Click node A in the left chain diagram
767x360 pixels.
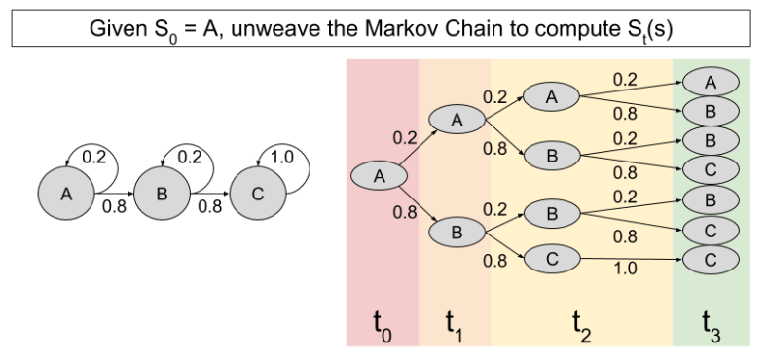[x=66, y=194]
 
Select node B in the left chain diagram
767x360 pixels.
[x=162, y=194]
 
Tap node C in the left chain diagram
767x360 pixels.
[x=257, y=194]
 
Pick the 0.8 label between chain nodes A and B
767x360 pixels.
[x=114, y=206]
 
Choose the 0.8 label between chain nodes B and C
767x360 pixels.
[x=209, y=206]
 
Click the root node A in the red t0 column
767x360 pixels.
[x=380, y=175]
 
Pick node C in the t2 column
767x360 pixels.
[x=551, y=259]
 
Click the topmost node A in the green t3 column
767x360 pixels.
[x=711, y=82]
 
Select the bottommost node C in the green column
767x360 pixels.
[x=711, y=260]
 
